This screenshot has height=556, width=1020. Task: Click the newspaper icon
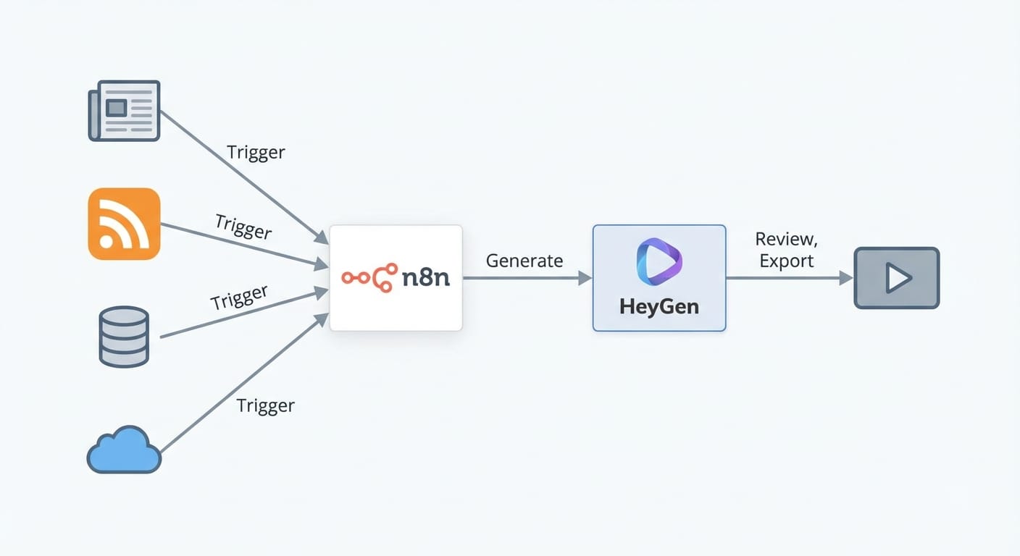click(124, 111)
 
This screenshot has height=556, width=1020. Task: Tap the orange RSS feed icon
click(124, 223)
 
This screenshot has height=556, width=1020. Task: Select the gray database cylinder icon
click(124, 336)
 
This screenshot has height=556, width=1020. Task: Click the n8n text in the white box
click(425, 278)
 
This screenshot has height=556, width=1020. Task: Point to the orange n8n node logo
click(369, 278)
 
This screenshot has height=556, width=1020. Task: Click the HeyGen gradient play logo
click(659, 262)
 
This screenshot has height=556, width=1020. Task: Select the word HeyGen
click(659, 306)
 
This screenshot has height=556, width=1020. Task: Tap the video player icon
click(896, 278)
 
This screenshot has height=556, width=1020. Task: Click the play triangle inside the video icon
click(898, 278)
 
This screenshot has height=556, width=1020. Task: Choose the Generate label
click(524, 261)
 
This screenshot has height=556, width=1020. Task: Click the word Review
click(786, 239)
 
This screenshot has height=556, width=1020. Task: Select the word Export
click(786, 261)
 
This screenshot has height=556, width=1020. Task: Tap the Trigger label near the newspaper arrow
click(256, 153)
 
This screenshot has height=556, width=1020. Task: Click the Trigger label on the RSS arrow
click(243, 227)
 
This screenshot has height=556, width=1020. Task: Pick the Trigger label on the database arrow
click(239, 298)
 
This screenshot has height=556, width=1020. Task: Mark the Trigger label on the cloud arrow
click(266, 405)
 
